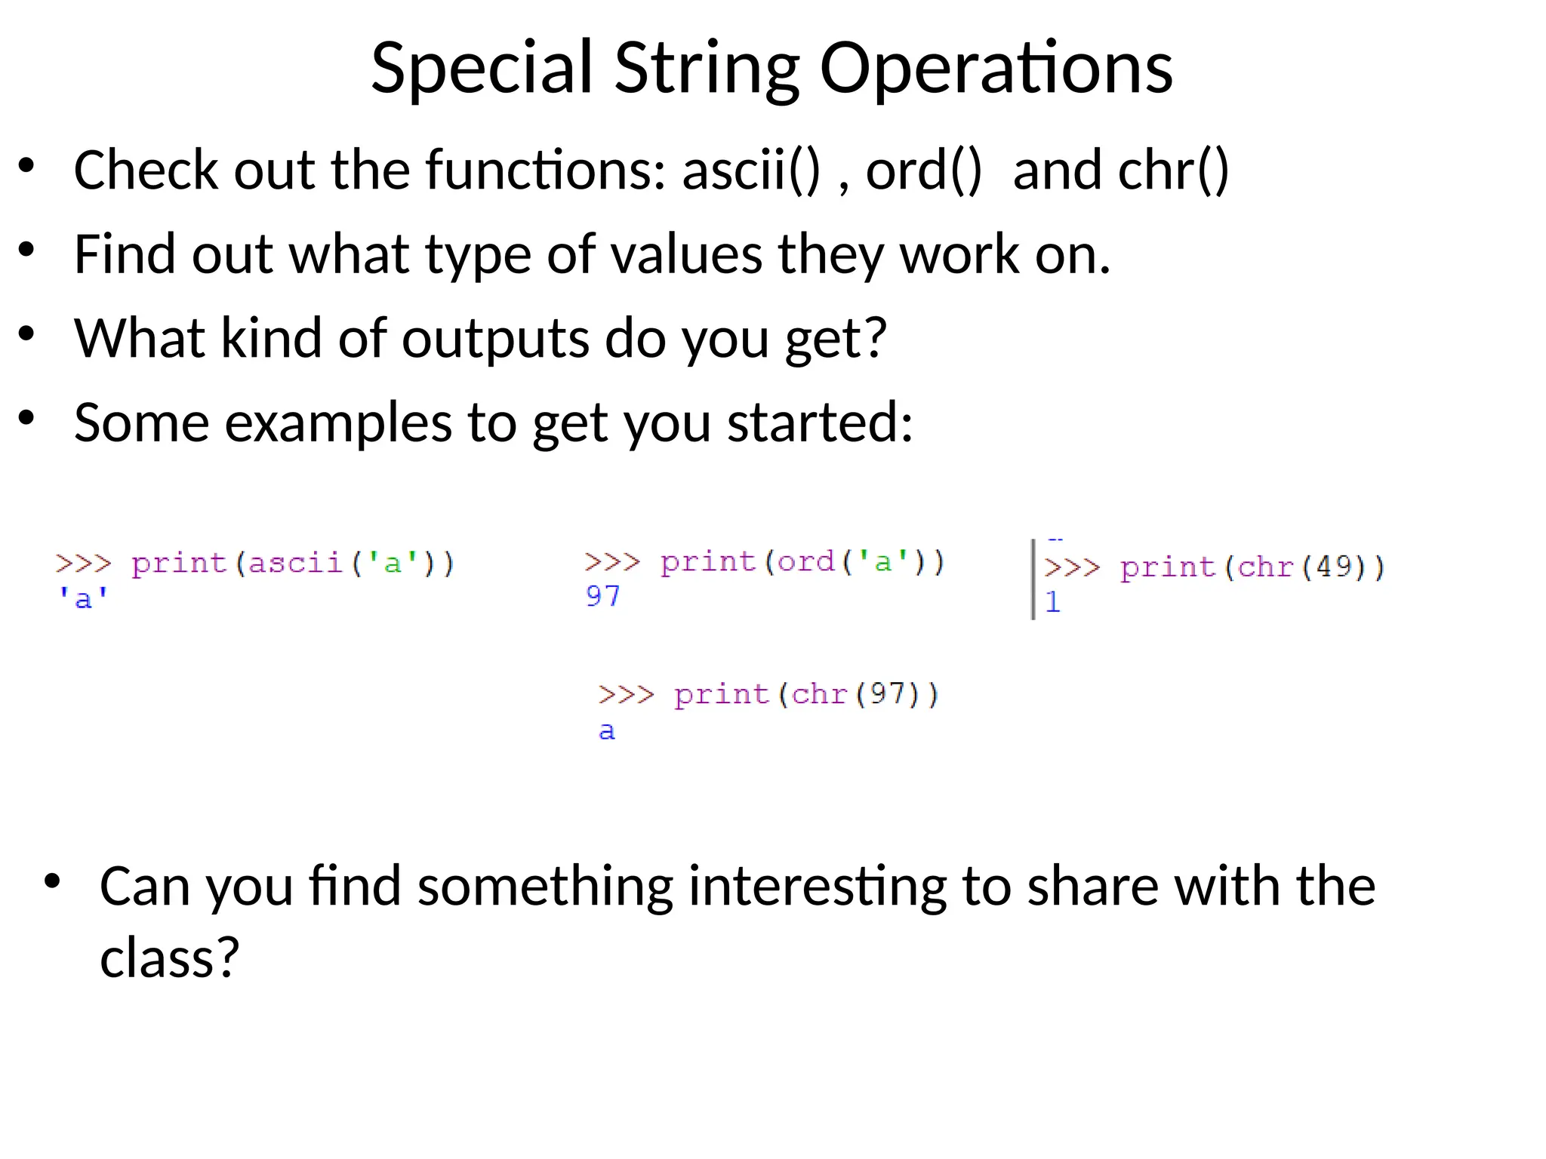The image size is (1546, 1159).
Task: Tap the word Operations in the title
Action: click(996, 69)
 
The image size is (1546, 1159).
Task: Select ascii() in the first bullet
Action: click(750, 171)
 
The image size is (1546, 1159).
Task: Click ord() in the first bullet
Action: click(923, 171)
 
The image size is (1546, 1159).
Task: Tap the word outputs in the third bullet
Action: click(495, 339)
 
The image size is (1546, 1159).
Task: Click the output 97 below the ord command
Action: click(602, 597)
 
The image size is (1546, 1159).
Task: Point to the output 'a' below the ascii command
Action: click(83, 599)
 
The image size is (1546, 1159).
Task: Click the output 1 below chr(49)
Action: click(1053, 602)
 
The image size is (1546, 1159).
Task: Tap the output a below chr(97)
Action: click(607, 731)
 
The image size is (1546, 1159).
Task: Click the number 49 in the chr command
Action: click(1334, 567)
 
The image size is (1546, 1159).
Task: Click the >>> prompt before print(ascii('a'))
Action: click(83, 564)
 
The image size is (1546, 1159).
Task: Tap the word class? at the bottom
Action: click(170, 958)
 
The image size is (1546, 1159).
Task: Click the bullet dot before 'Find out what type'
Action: click(27, 250)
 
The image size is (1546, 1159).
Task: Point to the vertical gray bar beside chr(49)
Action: click(1033, 579)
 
